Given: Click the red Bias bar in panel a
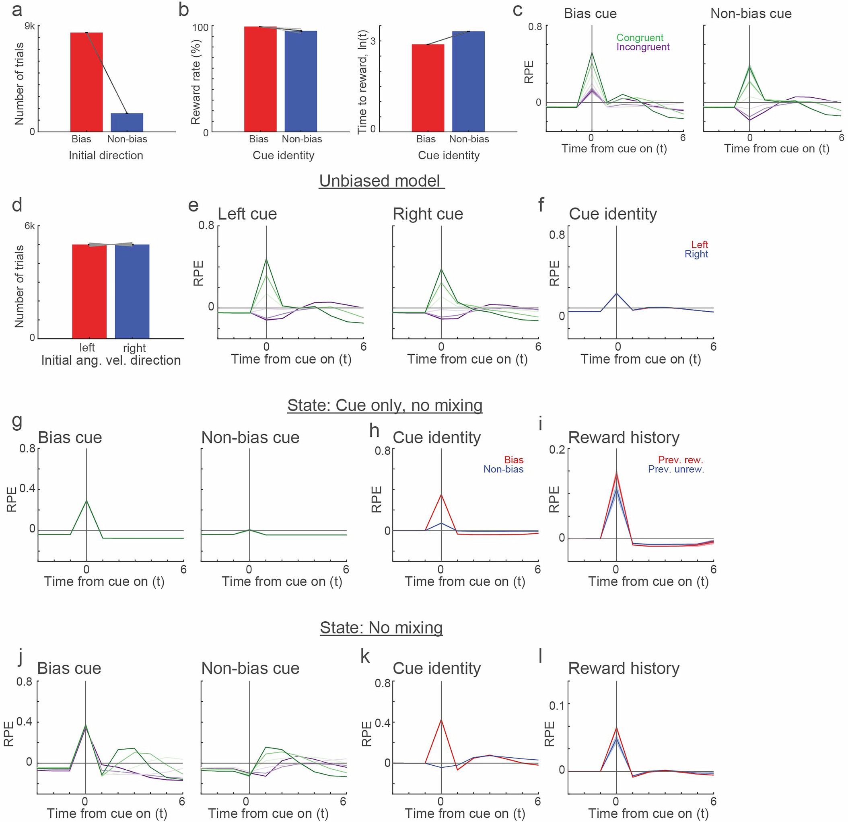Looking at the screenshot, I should pos(86,82).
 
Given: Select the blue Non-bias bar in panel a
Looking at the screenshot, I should pos(127,122).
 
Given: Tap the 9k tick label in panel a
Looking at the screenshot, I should pos(30,27).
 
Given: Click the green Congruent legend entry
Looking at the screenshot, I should pos(640,38).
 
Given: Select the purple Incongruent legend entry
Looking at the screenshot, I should pos(642,47).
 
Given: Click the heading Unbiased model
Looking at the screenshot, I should pos(381,181).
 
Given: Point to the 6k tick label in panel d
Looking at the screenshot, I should pos(29,226).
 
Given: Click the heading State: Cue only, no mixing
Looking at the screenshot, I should pos(385,405).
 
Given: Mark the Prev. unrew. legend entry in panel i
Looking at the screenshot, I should pos(675,469).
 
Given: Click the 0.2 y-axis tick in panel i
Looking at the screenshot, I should pos(557,450).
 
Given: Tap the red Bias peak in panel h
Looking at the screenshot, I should pos(441,495).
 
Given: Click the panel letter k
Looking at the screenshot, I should pos(365,656).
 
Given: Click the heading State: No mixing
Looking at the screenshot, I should pos(381,628).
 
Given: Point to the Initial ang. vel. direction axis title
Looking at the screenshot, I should pos(111,360).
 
